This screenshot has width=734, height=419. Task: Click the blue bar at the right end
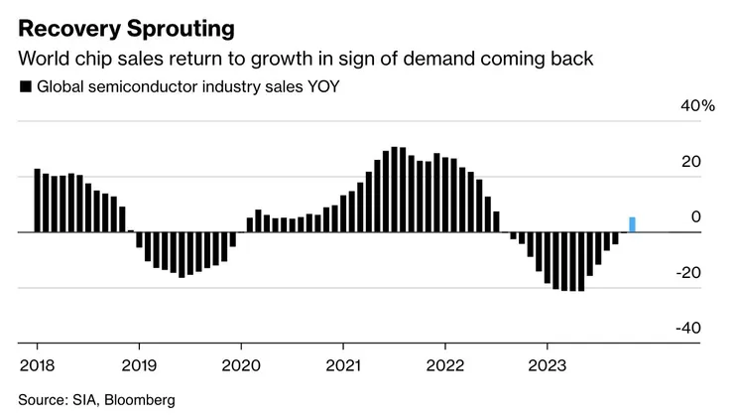tap(633, 224)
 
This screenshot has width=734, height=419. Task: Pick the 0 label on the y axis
tap(695, 217)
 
